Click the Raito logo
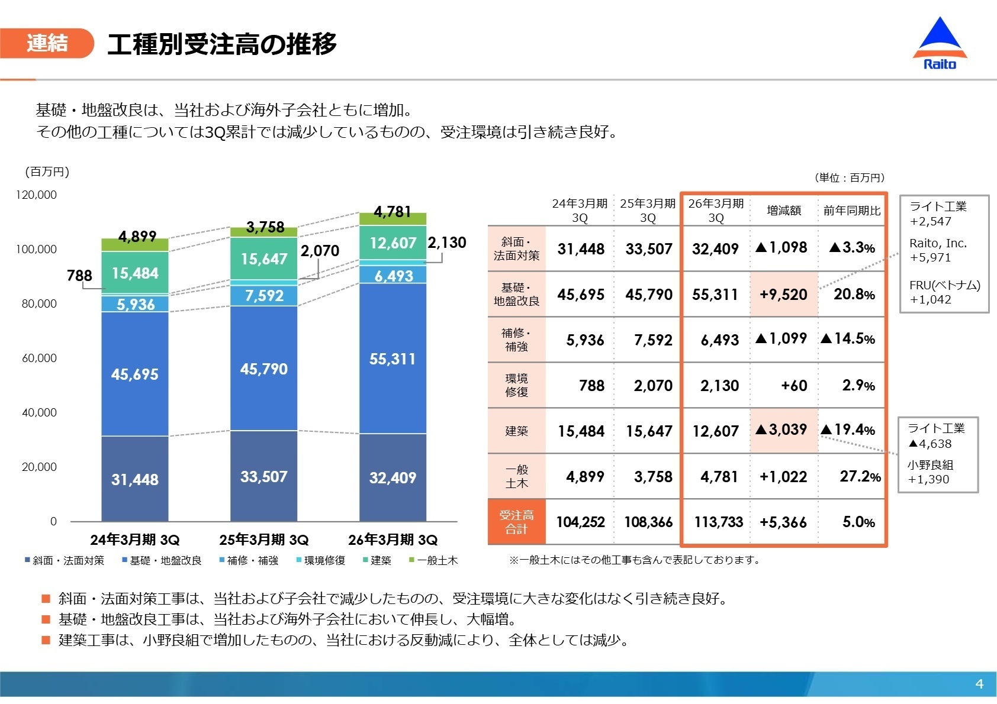point(940,45)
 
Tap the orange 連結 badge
point(47,43)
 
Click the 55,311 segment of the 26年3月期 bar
point(393,359)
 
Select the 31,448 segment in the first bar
point(135,479)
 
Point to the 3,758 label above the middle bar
point(265,227)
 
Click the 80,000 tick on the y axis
point(39,303)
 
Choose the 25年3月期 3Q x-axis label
point(264,540)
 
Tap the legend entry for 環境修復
point(321,560)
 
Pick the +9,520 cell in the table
point(783,295)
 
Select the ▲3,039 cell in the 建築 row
point(783,429)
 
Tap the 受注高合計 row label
point(516,522)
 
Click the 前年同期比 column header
point(852,211)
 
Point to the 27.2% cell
point(860,476)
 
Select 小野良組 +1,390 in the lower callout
point(930,472)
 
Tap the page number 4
point(979,684)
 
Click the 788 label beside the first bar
point(79,276)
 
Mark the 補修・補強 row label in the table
point(516,340)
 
